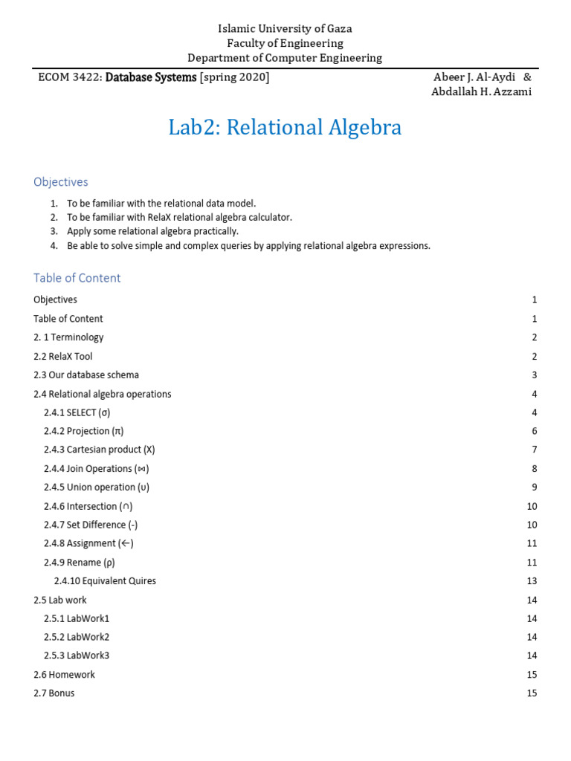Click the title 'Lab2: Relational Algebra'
285,128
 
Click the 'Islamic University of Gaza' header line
285,28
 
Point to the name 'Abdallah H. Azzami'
482,91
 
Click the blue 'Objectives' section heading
60,182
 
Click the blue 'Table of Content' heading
77,278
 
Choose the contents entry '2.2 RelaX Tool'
63,356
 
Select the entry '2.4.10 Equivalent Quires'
105,581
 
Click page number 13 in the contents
531,581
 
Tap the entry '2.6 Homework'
64,675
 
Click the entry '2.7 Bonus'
54,693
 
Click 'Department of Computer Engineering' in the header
285,58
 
